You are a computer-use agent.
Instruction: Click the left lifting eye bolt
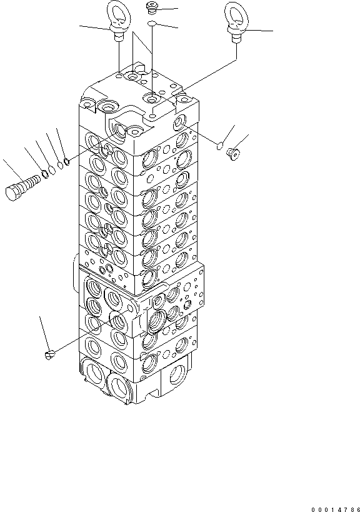(x=117, y=22)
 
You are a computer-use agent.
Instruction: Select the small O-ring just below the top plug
(x=152, y=24)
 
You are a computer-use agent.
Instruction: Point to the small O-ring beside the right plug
(x=219, y=146)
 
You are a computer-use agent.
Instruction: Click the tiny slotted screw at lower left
(x=50, y=354)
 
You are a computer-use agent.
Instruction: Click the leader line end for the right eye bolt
(x=272, y=31)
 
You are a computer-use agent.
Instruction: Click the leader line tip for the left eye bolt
(x=80, y=26)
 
